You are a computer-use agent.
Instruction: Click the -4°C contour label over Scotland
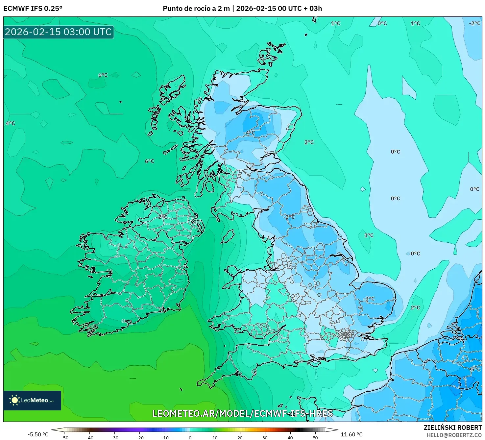(x=249, y=133)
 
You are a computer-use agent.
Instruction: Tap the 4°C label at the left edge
(x=10, y=123)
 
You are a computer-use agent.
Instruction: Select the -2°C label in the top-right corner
(x=474, y=23)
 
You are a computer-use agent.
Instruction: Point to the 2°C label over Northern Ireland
(x=163, y=217)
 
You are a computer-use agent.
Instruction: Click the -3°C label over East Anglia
(x=369, y=299)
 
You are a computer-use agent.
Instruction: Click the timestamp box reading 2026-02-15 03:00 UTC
(x=59, y=32)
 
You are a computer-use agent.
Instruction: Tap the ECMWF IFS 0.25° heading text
(x=33, y=9)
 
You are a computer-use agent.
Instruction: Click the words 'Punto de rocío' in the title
(x=184, y=9)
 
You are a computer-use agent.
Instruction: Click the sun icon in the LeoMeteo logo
(x=14, y=400)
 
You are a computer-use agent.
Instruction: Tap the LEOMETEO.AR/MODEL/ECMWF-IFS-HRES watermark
(x=243, y=414)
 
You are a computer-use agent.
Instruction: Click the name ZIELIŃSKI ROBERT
(x=452, y=428)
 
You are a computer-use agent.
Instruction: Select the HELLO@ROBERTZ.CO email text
(x=454, y=435)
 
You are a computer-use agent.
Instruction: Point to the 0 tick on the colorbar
(x=190, y=438)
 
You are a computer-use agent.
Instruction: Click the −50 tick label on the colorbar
(x=64, y=438)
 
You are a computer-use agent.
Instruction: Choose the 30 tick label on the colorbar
(x=265, y=438)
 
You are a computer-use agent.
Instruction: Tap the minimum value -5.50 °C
(x=38, y=435)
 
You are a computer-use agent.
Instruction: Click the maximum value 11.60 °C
(x=352, y=435)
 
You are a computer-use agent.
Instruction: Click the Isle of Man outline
(x=227, y=236)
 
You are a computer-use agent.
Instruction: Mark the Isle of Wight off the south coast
(x=315, y=362)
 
